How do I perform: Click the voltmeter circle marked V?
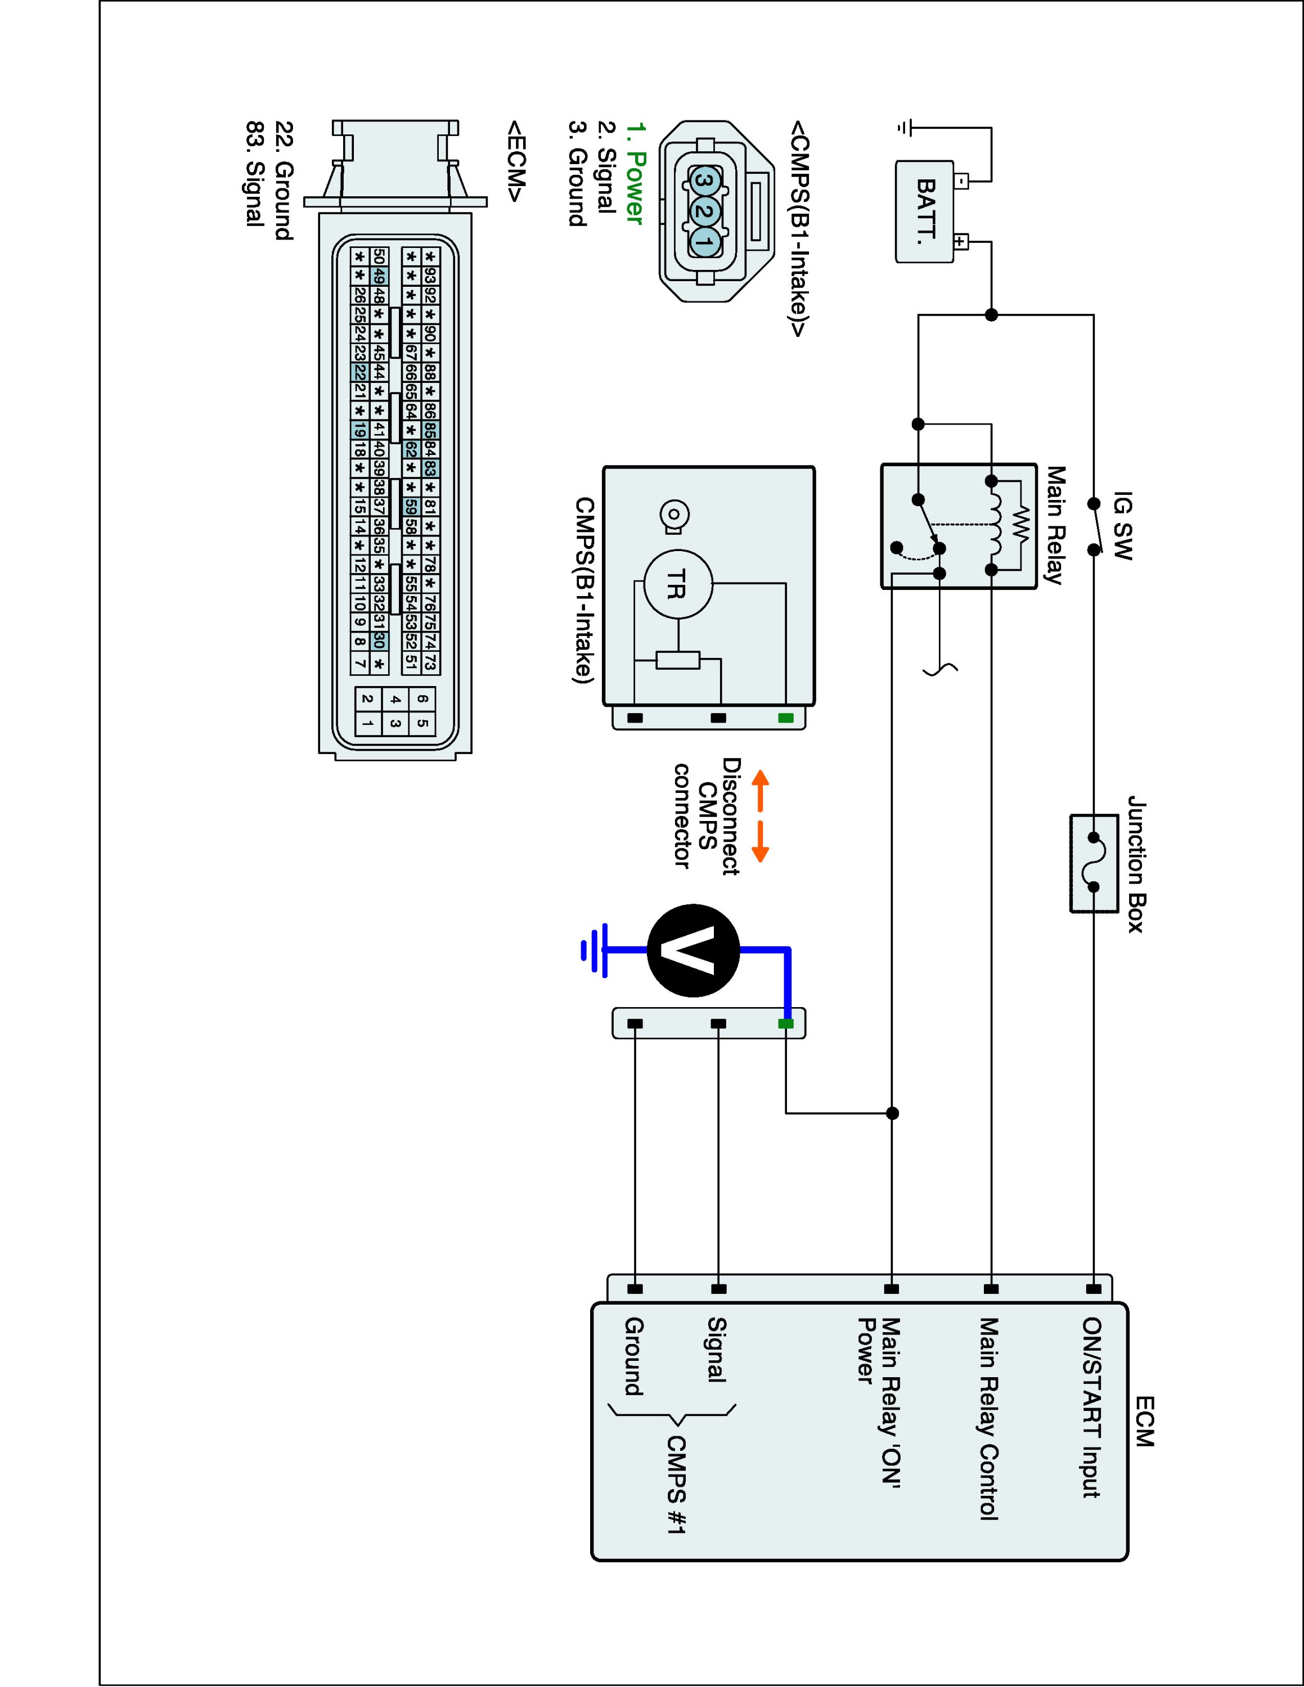[693, 951]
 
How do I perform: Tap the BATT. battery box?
[924, 211]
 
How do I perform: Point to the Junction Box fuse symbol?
[1094, 863]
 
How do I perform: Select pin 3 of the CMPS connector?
[704, 181]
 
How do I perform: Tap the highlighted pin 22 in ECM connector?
[359, 372]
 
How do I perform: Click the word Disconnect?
[731, 817]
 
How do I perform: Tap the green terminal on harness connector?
[786, 1023]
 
